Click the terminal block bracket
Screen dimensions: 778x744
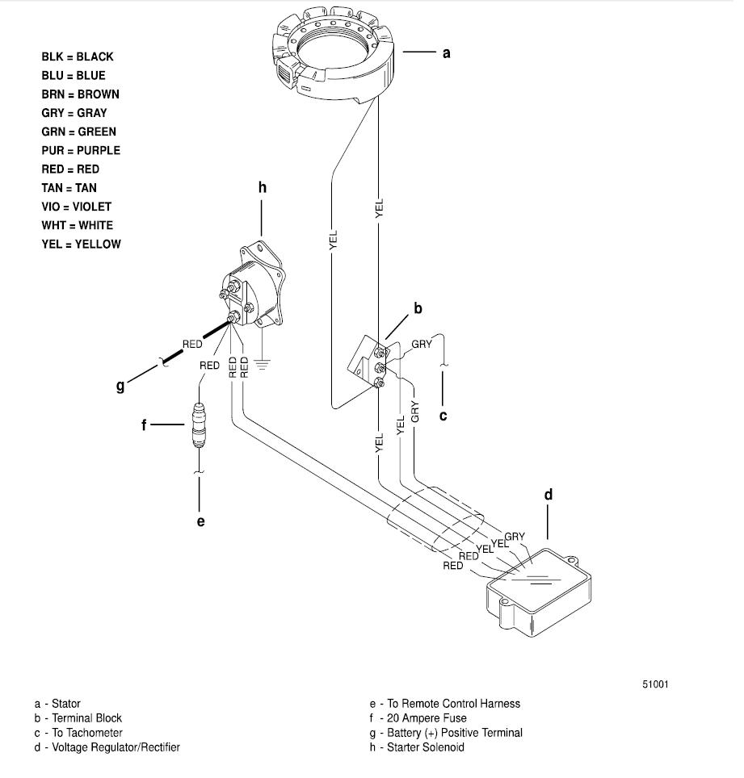[371, 359]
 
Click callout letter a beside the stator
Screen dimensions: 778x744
[447, 53]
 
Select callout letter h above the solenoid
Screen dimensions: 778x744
[262, 187]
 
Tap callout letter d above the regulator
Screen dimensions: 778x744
[549, 494]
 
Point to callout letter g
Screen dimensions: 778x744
[121, 386]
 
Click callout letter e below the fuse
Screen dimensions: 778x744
[200, 521]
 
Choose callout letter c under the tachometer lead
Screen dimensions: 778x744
[443, 416]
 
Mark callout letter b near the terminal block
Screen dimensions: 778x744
[418, 307]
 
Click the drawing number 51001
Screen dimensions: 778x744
[655, 685]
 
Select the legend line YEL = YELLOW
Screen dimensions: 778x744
[81, 244]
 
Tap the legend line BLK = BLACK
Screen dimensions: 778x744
[78, 56]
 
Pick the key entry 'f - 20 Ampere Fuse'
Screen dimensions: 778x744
[418, 717]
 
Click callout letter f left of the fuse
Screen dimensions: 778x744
[145, 423]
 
